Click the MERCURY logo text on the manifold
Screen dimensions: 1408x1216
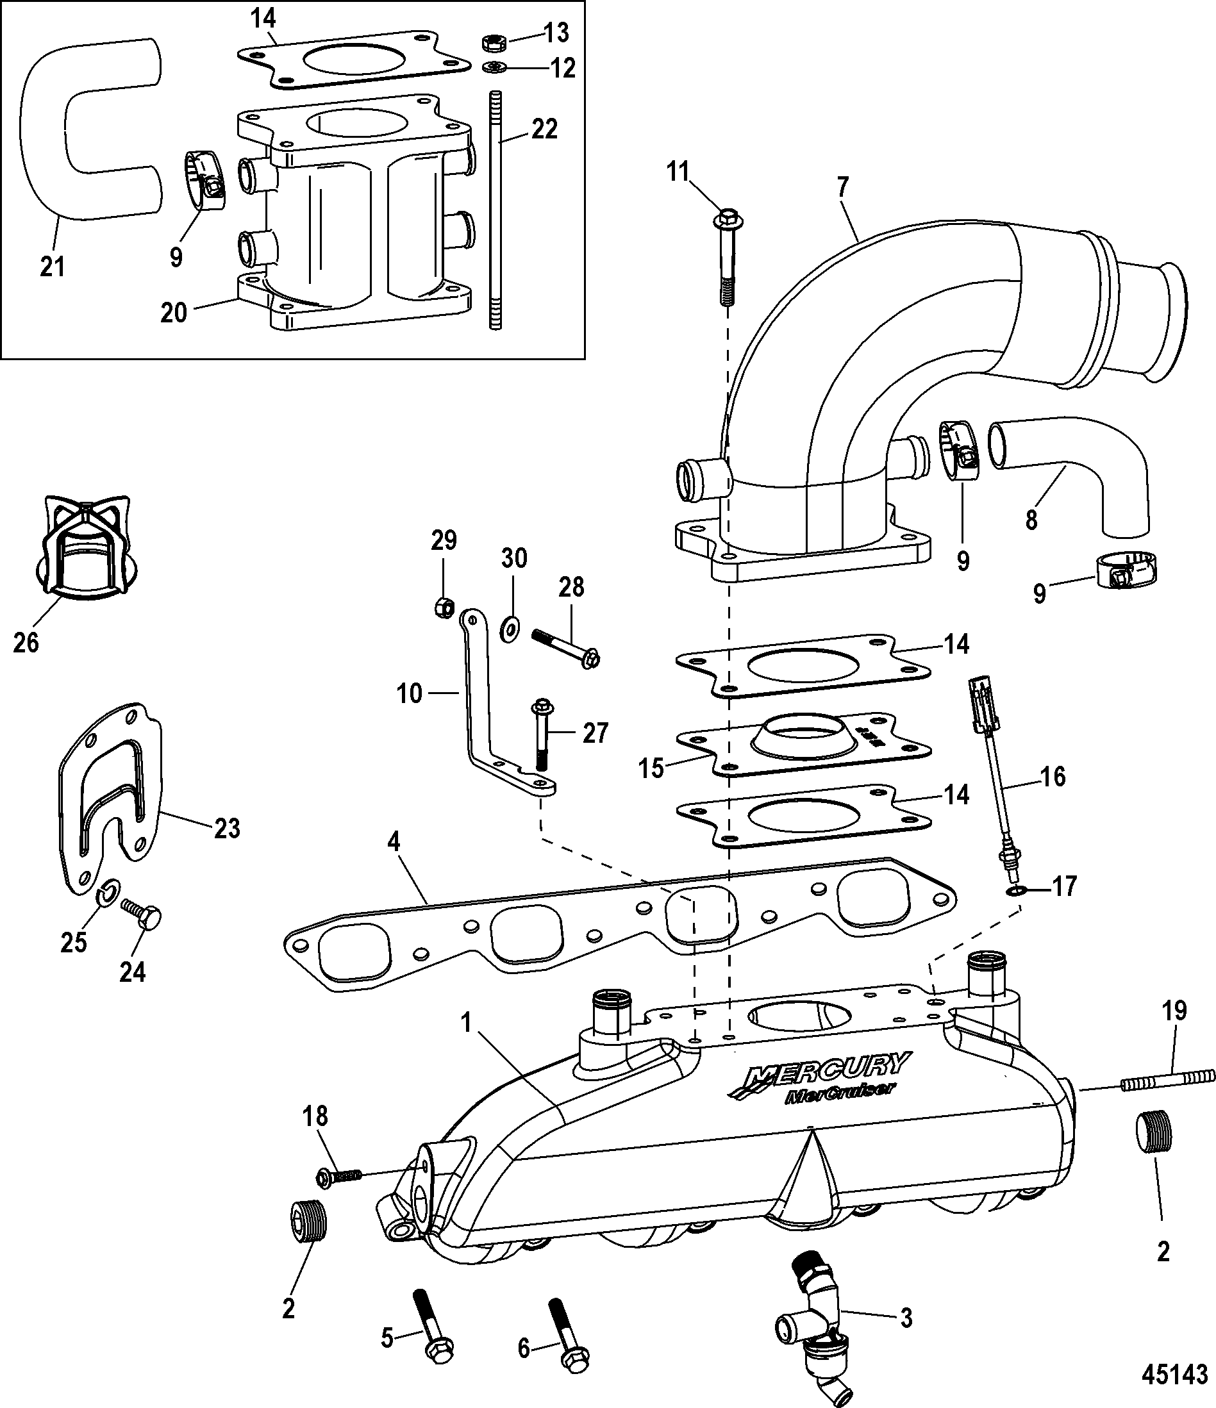pyautogui.click(x=829, y=1083)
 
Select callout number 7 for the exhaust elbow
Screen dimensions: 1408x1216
pyautogui.click(x=843, y=187)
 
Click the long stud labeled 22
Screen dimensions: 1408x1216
pyautogui.click(x=494, y=211)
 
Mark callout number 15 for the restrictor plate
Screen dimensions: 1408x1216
pyautogui.click(x=651, y=768)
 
